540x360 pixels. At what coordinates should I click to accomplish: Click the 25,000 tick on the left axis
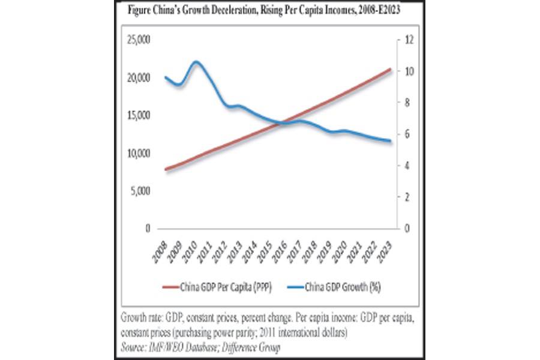click(140, 40)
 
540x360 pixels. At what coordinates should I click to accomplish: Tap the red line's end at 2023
click(389, 70)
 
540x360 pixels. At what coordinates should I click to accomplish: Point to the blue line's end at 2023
click(389, 142)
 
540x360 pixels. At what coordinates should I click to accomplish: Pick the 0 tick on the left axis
click(147, 229)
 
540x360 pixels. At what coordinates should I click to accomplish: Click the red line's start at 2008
click(165, 170)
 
